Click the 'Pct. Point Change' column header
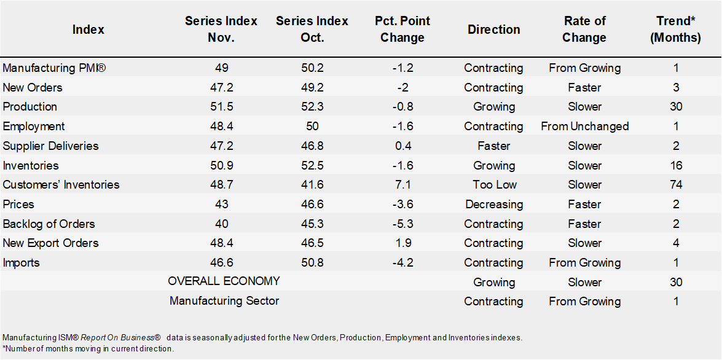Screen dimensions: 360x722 coord(402,29)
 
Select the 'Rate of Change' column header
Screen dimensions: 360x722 coord(584,29)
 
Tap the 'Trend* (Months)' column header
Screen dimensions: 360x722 coord(676,29)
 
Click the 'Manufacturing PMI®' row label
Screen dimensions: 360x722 coord(55,68)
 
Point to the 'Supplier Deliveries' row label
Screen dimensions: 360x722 coord(50,146)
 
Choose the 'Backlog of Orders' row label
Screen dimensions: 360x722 coord(49,224)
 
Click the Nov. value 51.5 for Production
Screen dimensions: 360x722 coord(221,106)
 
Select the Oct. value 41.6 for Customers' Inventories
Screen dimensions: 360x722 coord(312,184)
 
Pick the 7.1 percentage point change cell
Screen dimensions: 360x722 coord(402,184)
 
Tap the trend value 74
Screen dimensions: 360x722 coord(676,184)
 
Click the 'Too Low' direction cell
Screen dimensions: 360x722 coord(493,184)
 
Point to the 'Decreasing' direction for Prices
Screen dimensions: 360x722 coord(493,204)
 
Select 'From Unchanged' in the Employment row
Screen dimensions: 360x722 coord(584,126)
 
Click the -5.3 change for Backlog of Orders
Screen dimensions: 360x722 coord(402,224)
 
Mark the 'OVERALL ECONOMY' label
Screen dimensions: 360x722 coord(224,281)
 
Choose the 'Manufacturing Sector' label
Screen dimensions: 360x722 coord(224,301)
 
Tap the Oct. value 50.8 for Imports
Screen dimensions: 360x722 coord(312,262)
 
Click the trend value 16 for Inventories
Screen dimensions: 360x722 coord(676,165)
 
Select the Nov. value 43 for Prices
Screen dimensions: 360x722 coord(221,204)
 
